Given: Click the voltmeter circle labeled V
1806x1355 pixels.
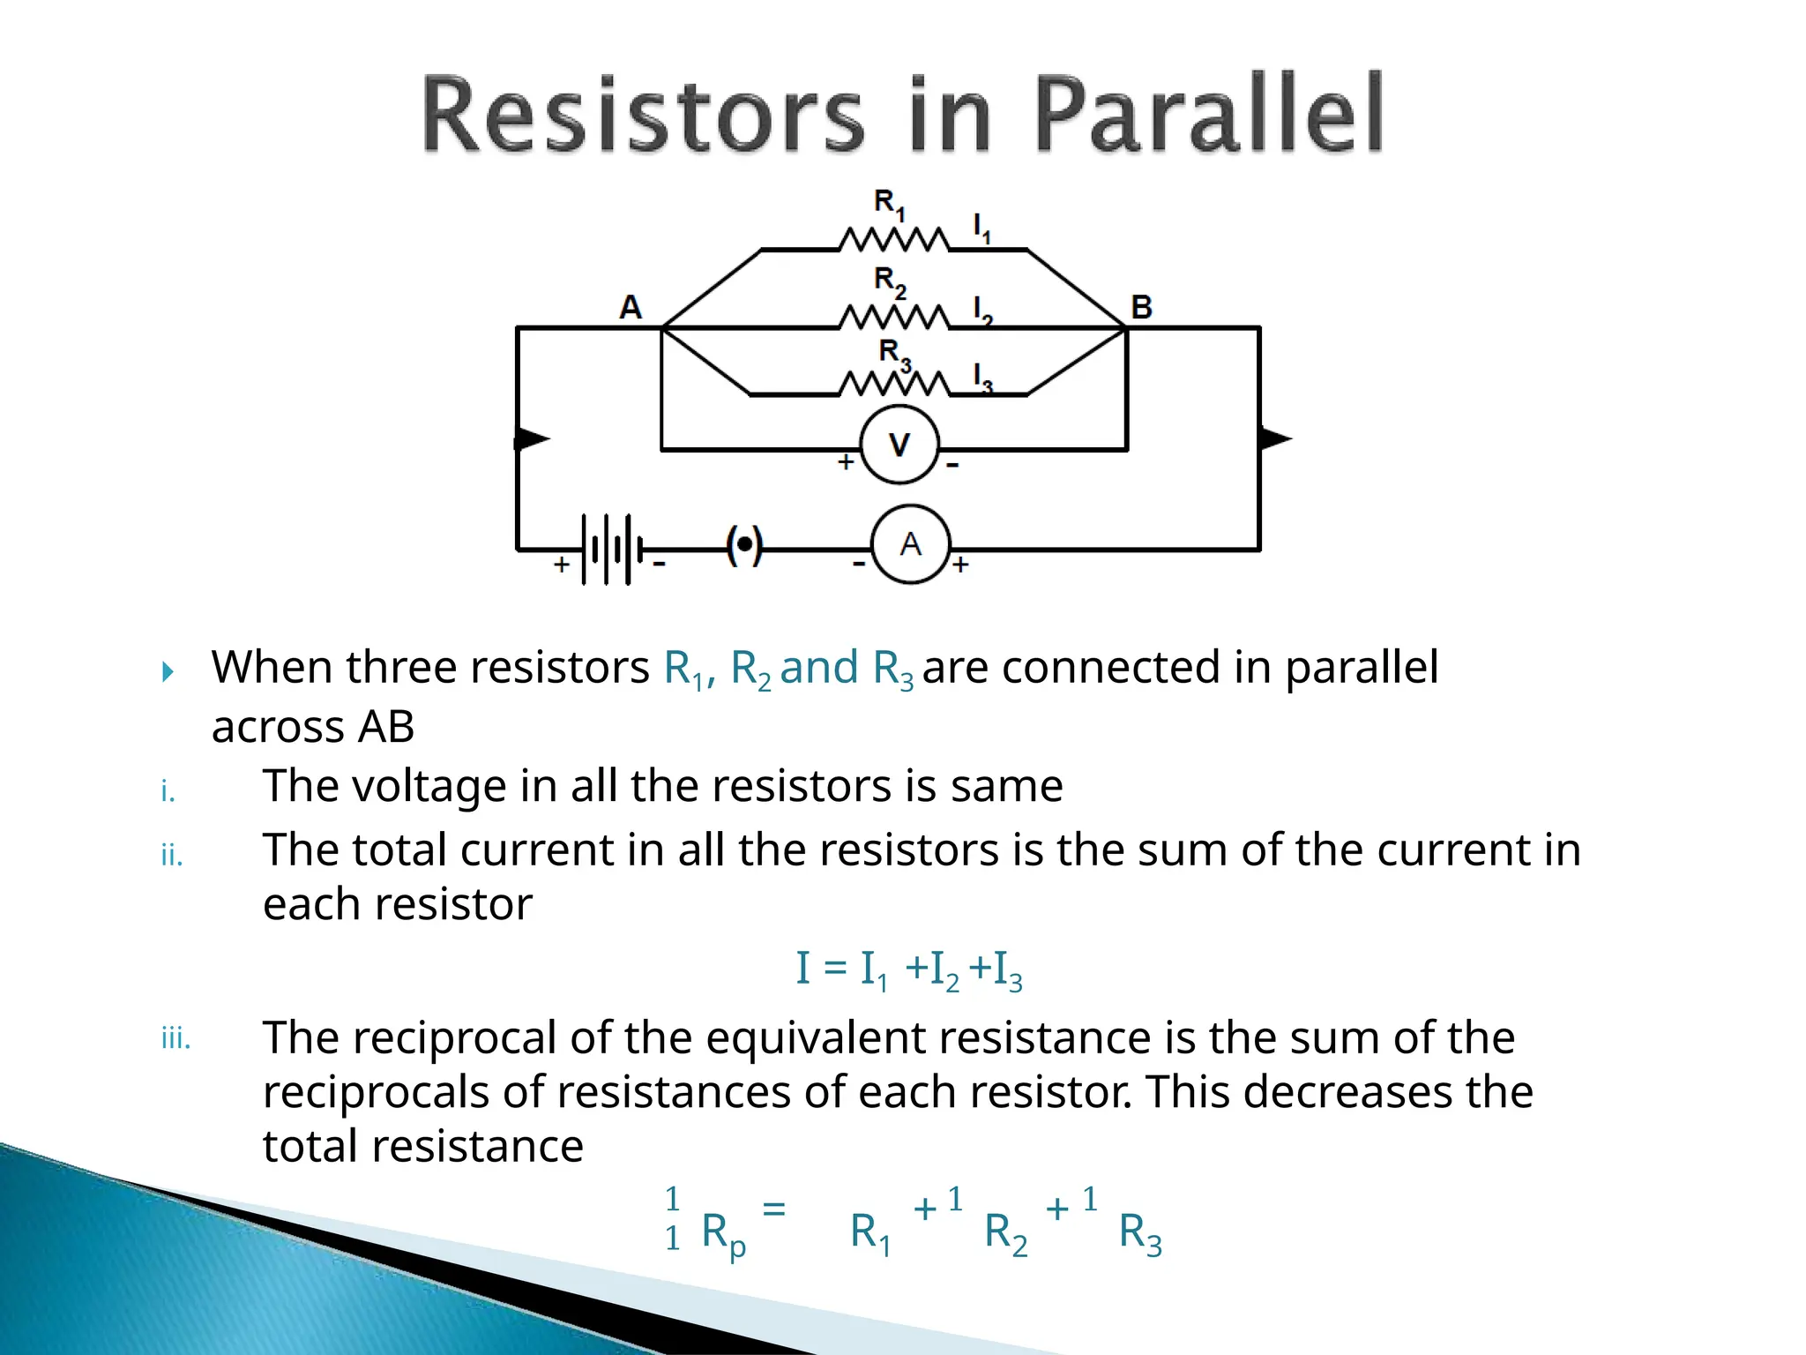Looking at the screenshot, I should [899, 445].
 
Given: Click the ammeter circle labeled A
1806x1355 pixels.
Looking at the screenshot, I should [910, 544].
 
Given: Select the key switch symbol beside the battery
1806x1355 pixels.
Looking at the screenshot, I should [744, 545].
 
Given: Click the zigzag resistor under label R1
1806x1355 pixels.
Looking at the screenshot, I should [893, 240].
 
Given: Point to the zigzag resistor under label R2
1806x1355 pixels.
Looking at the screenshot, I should [893, 317].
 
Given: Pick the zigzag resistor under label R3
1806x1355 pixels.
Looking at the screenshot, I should [893, 385].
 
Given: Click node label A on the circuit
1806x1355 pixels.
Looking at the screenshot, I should [631, 307].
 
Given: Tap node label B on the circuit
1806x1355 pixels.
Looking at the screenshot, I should [1141, 307].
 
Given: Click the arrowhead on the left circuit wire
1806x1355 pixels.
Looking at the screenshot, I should [531, 438].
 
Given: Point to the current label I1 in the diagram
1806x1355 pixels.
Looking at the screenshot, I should [981, 228].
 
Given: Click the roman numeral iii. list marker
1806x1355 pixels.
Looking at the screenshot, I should [175, 1039].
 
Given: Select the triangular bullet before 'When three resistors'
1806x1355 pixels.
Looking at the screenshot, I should [168, 672].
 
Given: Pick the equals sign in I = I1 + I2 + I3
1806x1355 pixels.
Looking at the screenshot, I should [835, 968].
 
